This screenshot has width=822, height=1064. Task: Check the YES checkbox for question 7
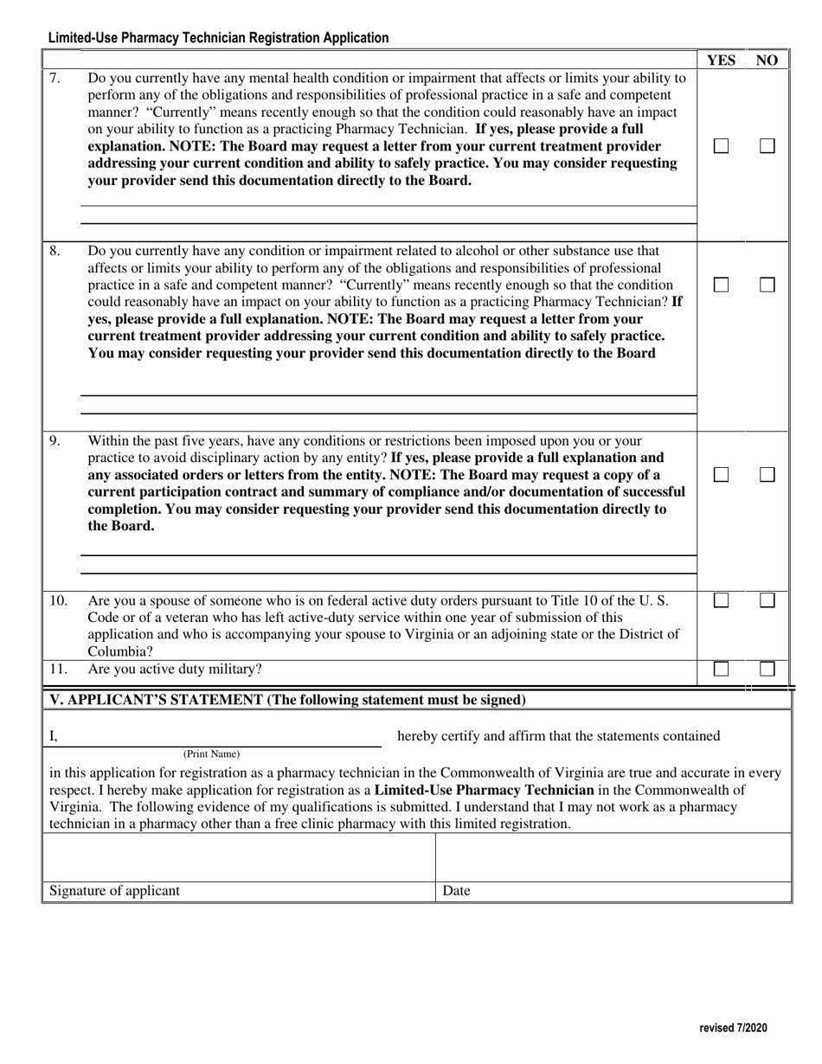click(721, 146)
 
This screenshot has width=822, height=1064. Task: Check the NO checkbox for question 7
click(767, 146)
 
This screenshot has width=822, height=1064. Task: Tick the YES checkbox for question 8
click(721, 285)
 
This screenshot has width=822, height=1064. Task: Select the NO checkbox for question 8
click(767, 285)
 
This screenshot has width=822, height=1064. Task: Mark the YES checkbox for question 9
click(721, 475)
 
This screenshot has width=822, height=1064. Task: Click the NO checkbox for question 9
click(767, 475)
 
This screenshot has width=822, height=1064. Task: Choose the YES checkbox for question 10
click(721, 600)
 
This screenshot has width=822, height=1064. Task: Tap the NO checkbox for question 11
click(767, 669)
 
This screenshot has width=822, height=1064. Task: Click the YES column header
click(721, 60)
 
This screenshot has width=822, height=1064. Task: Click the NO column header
click(767, 60)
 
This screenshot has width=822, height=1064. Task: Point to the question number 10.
click(57, 599)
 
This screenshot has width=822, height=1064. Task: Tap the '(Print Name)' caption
click(211, 753)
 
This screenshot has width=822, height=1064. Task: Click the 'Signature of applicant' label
click(115, 891)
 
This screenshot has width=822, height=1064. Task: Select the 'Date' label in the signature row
click(456, 891)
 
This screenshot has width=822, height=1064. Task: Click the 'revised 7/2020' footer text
click(732, 1029)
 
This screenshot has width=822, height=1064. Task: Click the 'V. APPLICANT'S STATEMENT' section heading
click(287, 699)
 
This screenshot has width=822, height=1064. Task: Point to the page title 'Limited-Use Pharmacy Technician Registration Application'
click(218, 38)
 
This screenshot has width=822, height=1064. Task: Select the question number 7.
click(55, 78)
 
